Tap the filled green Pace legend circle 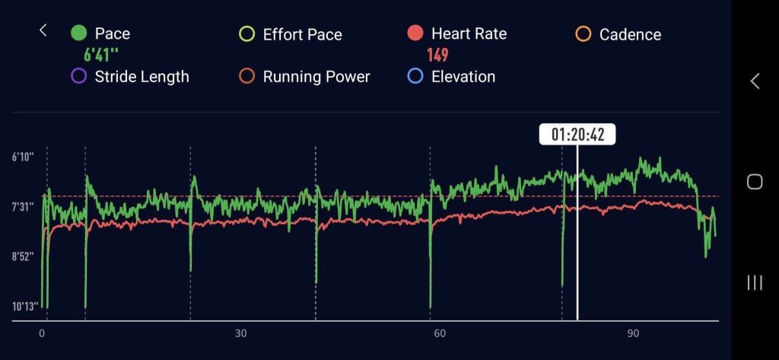coord(78,33)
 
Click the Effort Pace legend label coord(302,34)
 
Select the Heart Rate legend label coord(469,33)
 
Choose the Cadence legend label coord(630,34)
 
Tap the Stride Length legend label coord(141,76)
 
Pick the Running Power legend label coord(316,76)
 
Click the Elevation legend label coord(463,76)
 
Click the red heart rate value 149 coord(437,55)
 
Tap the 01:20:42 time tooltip coord(577,134)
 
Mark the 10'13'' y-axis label coord(24,307)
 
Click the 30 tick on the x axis coord(241,333)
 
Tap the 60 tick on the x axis coord(437,333)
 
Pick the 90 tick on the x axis coord(633,333)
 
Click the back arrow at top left coord(43,30)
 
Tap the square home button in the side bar coord(755,181)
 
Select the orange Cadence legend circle coord(583,33)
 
